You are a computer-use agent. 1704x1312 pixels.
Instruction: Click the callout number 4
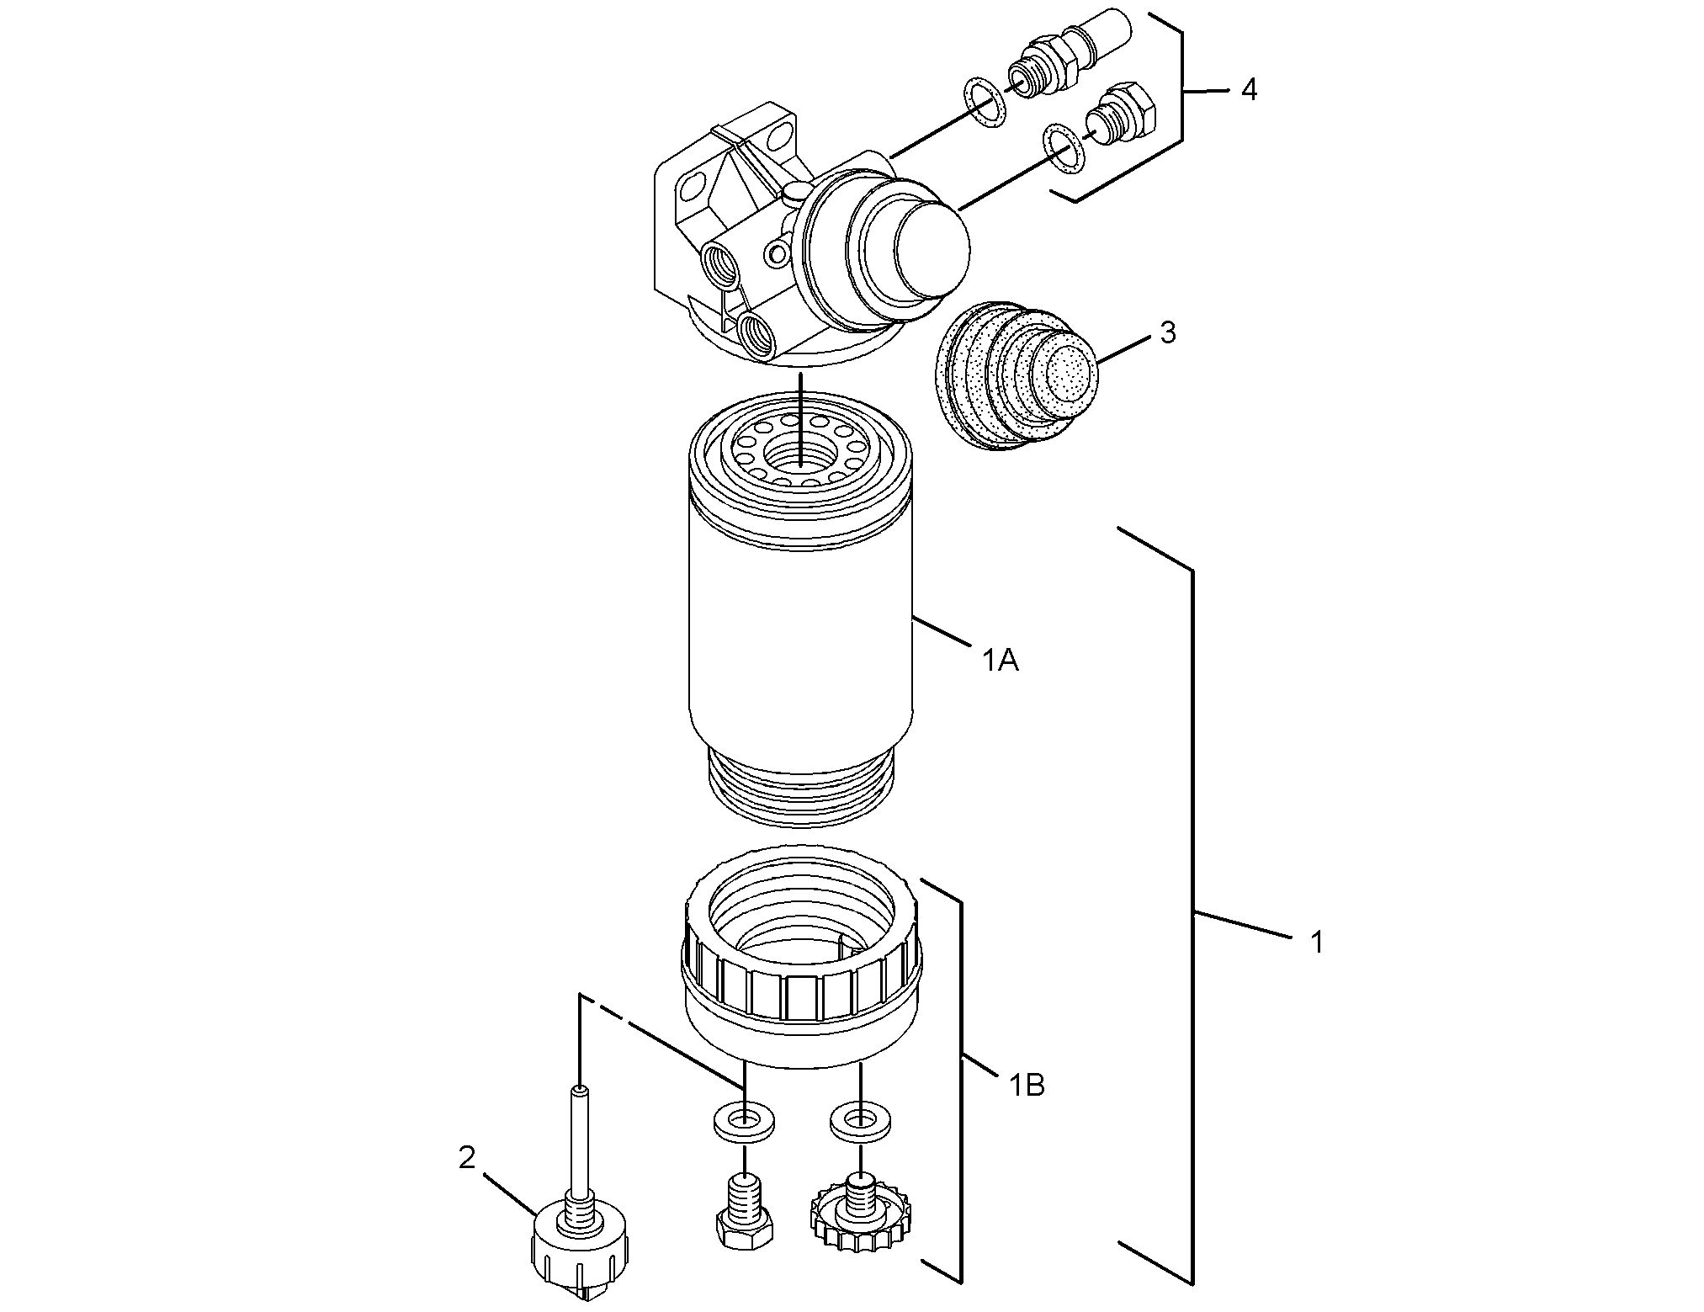[x=1249, y=90]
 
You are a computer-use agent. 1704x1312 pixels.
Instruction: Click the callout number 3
[x=1168, y=333]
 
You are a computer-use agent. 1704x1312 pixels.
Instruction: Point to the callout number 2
[x=466, y=1157]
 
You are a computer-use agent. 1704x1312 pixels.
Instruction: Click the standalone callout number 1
[x=1317, y=942]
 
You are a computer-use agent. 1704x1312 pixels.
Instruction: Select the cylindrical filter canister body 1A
[x=799, y=640]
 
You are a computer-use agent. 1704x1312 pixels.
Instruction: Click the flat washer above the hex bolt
[x=744, y=1122]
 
